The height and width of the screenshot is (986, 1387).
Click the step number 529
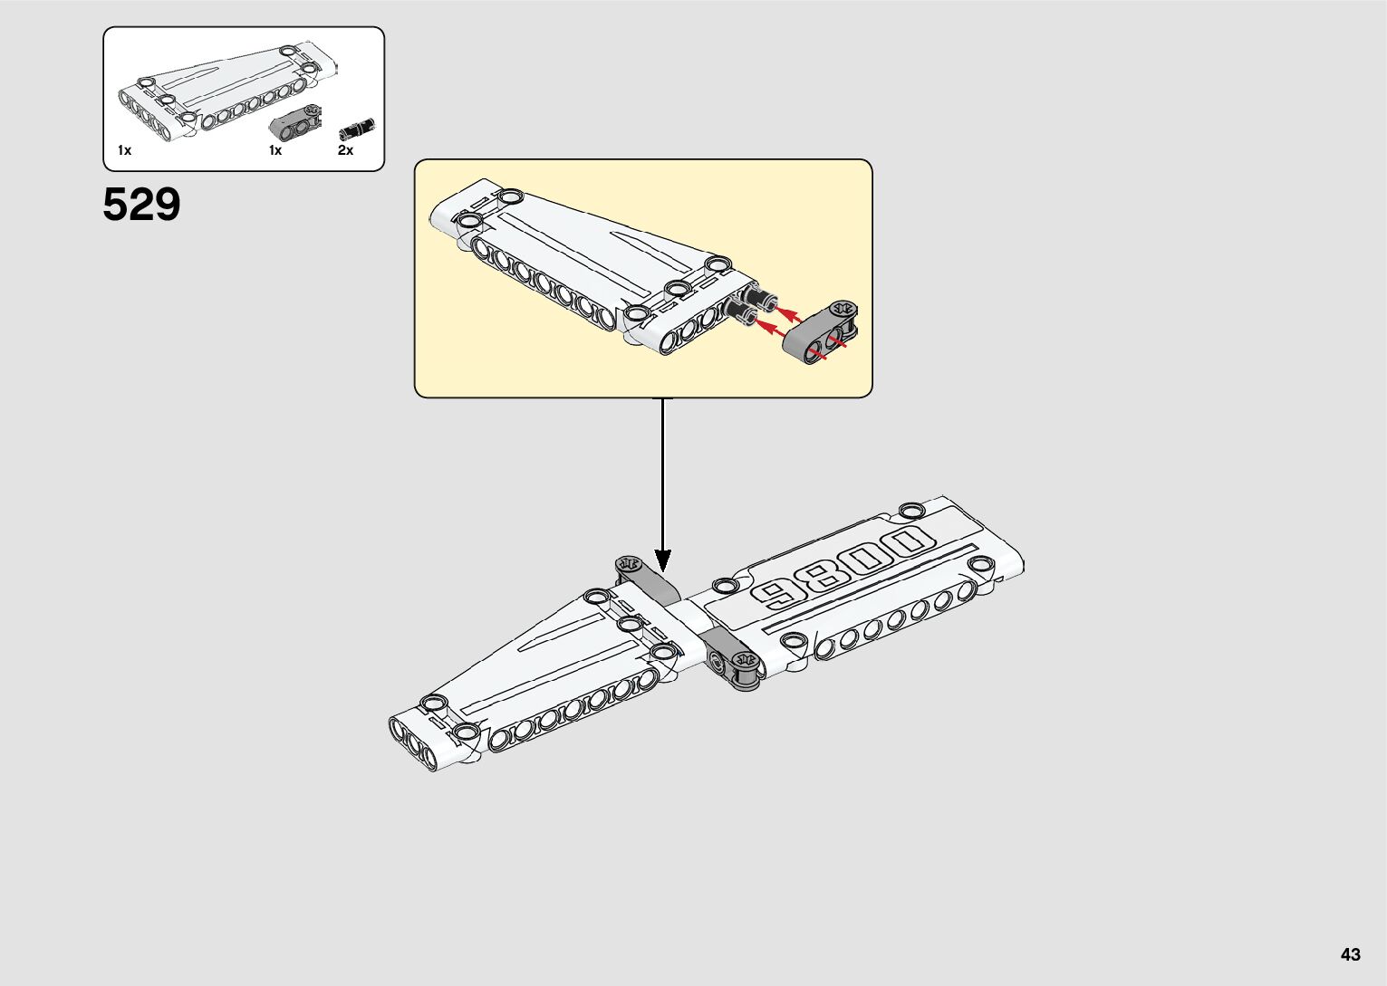(141, 205)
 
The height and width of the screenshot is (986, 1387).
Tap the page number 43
(1351, 954)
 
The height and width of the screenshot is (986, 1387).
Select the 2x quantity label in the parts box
(345, 150)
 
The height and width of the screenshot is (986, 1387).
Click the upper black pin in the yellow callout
(757, 296)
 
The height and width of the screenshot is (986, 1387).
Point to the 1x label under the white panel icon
(124, 150)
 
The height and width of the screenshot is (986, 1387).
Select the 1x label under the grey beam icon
(275, 150)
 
